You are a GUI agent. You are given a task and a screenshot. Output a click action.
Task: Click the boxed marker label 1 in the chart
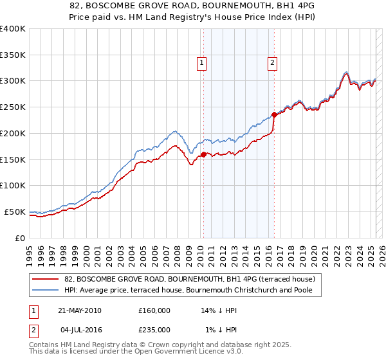pos(202,62)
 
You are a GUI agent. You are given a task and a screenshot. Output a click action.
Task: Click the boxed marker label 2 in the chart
pos(273,62)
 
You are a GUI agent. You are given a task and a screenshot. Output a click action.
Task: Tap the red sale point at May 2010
pos(203,154)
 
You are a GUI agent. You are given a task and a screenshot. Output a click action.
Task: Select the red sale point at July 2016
pos(274,115)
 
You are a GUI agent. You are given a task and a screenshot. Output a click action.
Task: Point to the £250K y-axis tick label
pos(13,107)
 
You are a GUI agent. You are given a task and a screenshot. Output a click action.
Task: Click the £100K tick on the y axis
pos(13,186)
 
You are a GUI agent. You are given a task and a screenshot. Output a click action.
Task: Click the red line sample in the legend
pos(46,280)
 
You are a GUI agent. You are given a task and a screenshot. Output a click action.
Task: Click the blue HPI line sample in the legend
pos(46,291)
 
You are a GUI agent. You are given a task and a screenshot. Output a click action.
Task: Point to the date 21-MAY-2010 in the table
pos(79,310)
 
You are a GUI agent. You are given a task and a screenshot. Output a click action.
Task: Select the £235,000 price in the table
pos(154,330)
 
